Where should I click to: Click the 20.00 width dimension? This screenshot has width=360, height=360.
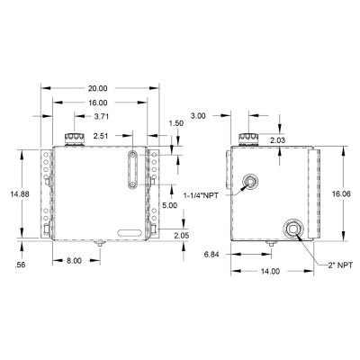98,88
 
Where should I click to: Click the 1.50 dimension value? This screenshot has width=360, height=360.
175,122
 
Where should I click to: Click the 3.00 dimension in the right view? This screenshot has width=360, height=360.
201,116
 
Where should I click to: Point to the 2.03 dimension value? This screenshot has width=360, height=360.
278,139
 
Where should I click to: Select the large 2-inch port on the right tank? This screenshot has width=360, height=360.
292,229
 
